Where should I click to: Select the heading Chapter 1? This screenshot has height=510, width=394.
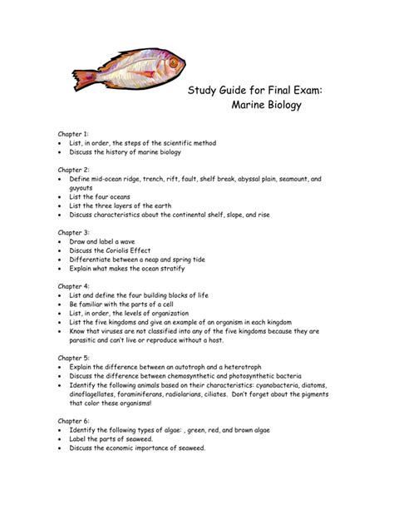(75, 133)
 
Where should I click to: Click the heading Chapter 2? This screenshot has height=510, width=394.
(75, 169)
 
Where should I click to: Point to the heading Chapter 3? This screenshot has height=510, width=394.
(75, 232)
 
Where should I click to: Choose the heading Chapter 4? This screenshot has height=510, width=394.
(75, 286)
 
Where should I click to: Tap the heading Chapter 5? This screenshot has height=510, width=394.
(75, 358)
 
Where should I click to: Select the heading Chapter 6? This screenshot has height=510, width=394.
(75, 421)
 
